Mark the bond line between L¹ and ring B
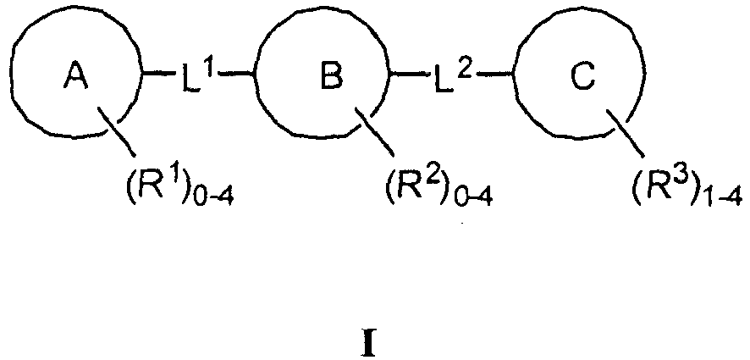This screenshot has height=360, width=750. [241, 75]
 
